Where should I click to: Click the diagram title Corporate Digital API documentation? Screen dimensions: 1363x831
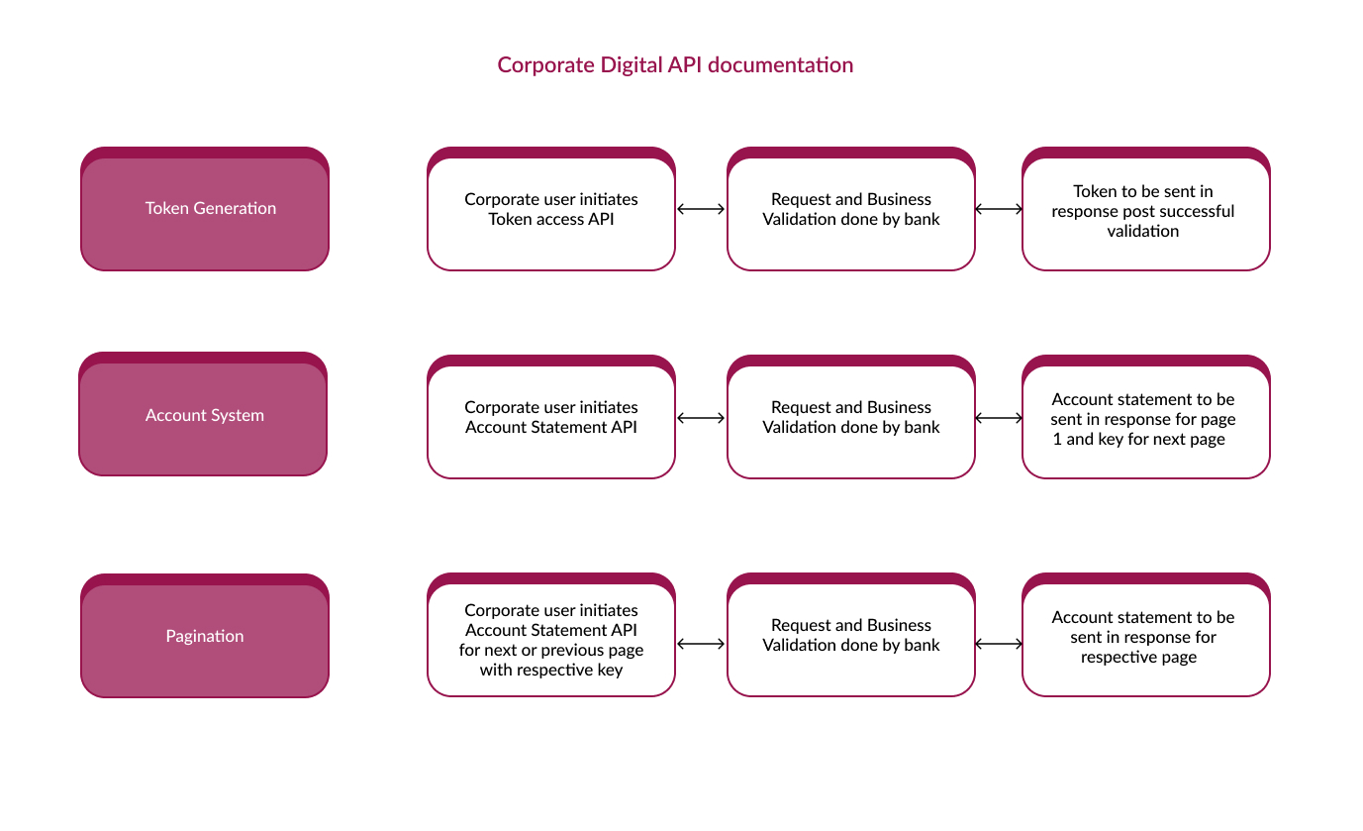click(x=675, y=65)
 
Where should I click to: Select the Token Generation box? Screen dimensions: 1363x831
click(x=205, y=209)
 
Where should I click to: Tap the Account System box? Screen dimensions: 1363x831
click(x=203, y=414)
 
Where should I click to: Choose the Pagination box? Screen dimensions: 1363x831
click(x=205, y=636)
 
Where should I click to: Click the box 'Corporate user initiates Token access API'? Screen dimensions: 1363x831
click(x=551, y=209)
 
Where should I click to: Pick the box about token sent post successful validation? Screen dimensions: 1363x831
click(x=1146, y=209)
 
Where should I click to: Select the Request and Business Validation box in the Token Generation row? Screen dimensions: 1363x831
click(x=851, y=209)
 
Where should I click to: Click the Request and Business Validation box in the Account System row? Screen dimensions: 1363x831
click(x=851, y=417)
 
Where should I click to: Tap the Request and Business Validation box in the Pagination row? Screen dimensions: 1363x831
click(x=851, y=635)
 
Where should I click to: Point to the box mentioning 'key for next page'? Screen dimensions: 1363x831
click(x=1146, y=417)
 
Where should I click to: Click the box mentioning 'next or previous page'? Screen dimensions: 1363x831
click(x=551, y=635)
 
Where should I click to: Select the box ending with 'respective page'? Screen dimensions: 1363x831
click(x=1146, y=635)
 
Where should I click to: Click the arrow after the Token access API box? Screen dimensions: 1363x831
click(x=701, y=209)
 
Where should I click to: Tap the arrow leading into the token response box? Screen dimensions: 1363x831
click(x=999, y=209)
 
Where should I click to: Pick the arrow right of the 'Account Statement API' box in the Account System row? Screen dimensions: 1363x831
click(x=701, y=418)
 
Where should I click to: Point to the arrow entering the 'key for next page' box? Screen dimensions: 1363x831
click(x=999, y=418)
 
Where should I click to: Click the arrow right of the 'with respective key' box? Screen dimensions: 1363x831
click(x=701, y=644)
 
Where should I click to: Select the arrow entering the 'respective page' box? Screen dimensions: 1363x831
click(x=999, y=644)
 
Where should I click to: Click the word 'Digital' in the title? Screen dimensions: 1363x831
click(x=631, y=65)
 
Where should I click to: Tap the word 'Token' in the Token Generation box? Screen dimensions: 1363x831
click(x=166, y=208)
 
